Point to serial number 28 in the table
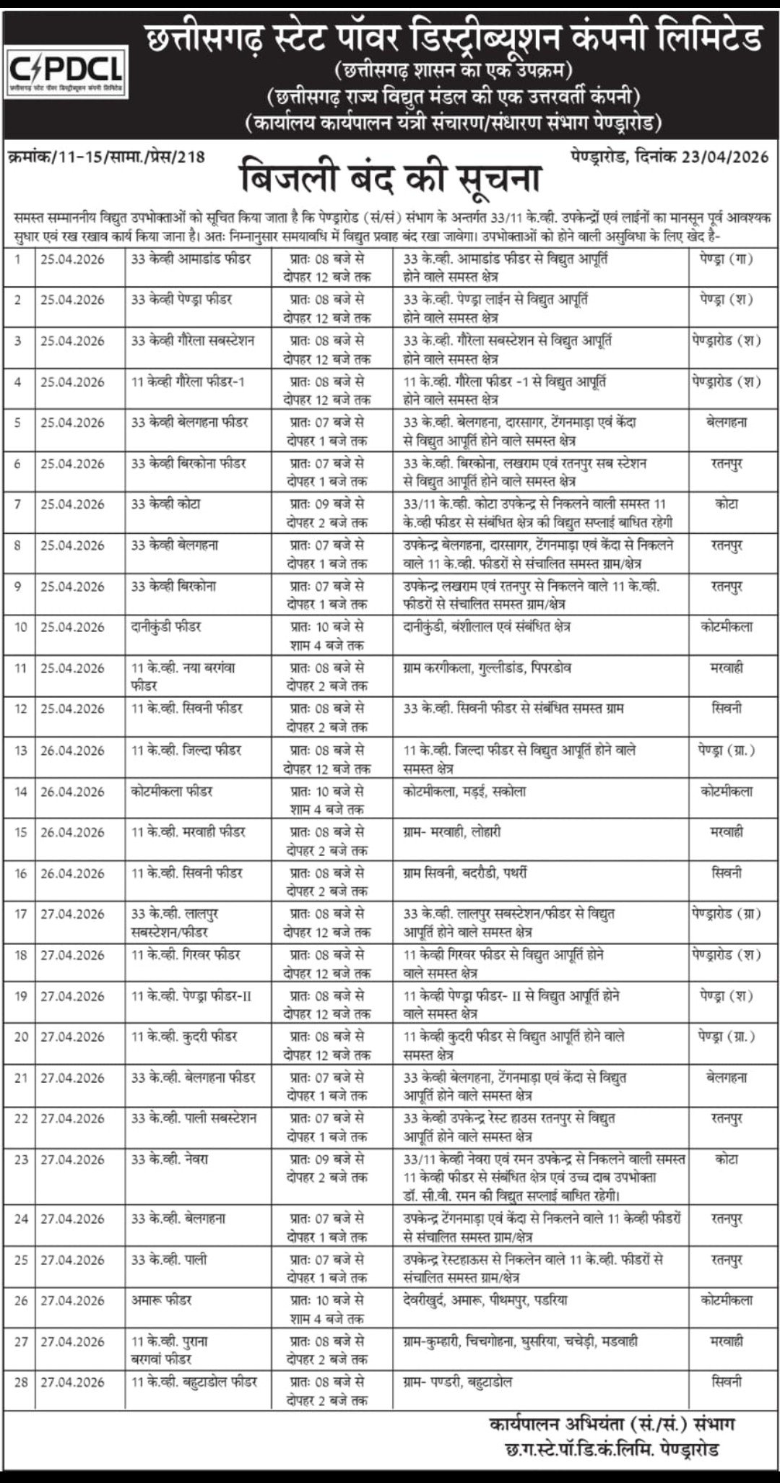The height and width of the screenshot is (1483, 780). point(21,1382)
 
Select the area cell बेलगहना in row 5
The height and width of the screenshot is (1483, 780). point(727,422)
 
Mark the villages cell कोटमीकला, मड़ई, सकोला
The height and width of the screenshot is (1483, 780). point(465,791)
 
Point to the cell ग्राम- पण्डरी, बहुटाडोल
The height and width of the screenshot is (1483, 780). point(458,1382)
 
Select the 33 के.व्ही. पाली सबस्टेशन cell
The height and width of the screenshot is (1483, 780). point(194,1118)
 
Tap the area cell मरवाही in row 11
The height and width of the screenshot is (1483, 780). point(727,668)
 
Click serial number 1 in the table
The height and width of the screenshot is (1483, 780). point(18,259)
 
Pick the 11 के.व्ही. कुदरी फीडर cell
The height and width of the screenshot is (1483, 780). point(185,1037)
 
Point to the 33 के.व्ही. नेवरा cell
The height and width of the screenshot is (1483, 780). point(170,1159)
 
